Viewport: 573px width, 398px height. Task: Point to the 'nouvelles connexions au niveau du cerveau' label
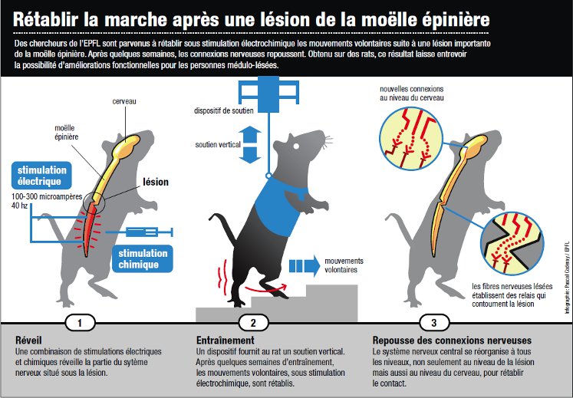tap(412, 93)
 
